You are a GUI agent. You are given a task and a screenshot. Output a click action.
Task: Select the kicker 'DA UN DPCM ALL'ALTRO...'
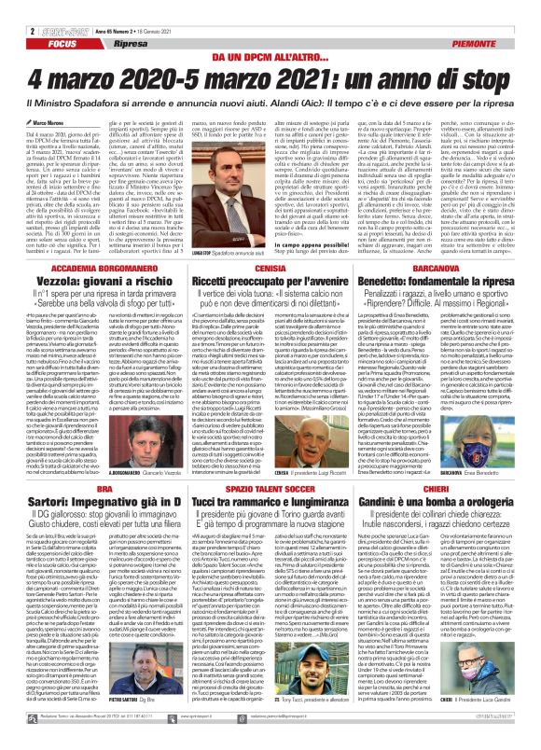pyautogui.click(x=270, y=32)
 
